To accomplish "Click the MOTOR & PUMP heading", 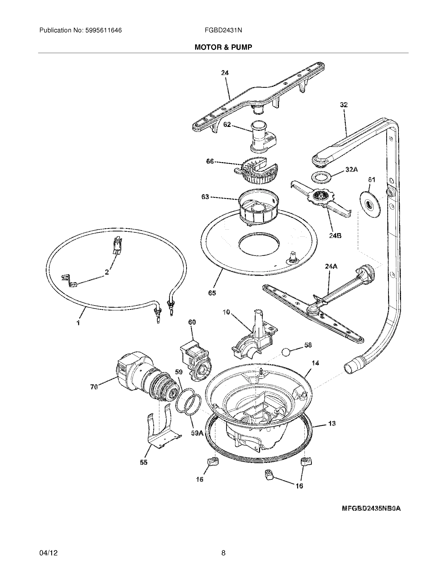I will click(x=223, y=47).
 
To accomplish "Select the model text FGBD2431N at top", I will click(x=223, y=30).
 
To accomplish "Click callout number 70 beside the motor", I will click(x=94, y=387).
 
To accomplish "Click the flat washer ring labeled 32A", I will click(x=319, y=177).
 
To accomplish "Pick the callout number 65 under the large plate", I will click(x=212, y=293).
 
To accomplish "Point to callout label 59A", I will click(x=197, y=433).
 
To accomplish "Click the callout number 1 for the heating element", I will click(x=78, y=323).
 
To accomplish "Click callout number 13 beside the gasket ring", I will click(x=332, y=424).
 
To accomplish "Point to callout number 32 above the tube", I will click(x=344, y=105).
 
